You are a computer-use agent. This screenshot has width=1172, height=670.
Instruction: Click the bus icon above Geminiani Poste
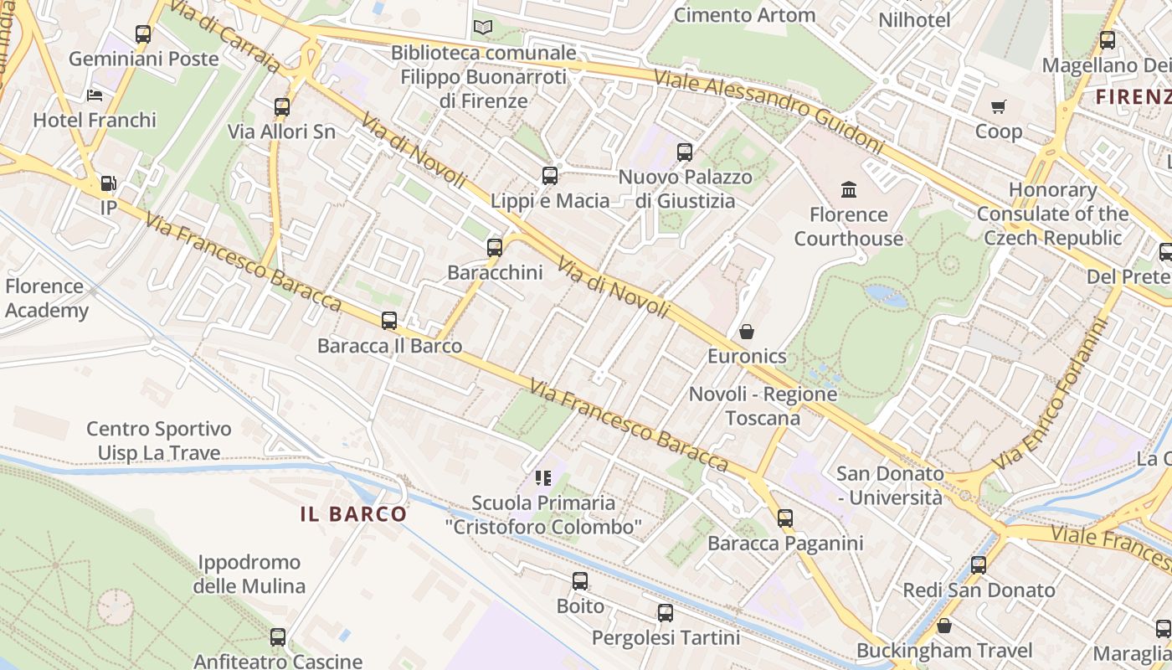143,34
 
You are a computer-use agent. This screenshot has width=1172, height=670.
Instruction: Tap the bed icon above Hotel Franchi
95,95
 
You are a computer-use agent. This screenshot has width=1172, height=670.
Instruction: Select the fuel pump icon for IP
108,183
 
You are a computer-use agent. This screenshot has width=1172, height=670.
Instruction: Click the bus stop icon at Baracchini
495,248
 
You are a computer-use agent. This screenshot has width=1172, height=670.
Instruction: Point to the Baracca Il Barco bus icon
389,321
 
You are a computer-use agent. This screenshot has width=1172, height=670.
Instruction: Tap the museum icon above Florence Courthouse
849,190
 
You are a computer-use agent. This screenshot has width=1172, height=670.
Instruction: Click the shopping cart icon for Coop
998,107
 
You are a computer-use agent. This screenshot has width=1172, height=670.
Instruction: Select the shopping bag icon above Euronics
747,332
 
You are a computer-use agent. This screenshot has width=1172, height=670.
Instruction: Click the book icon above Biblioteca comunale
483,28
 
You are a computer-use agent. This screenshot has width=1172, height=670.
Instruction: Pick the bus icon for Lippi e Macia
550,176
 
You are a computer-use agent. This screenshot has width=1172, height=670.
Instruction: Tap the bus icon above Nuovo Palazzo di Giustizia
685,152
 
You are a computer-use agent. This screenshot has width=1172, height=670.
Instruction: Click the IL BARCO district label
353,513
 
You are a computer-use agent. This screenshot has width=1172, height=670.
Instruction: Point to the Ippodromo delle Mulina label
249,574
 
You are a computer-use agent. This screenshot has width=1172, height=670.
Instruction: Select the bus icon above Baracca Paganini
784,518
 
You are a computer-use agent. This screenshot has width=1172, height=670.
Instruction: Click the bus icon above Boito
580,581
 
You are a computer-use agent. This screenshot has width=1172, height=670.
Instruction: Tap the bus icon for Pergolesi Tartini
666,613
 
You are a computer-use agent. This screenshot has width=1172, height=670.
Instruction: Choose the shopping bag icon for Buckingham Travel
944,626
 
